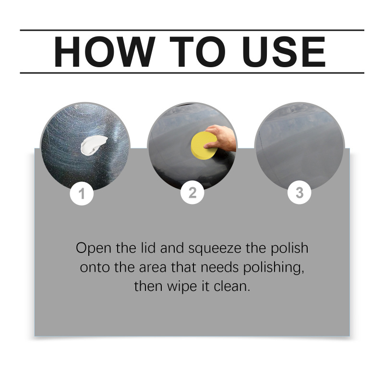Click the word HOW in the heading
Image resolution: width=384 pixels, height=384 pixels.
point(105,51)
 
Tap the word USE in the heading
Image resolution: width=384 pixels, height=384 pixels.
point(284,51)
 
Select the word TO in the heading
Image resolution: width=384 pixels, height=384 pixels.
point(197,51)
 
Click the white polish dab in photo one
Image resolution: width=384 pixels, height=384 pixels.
point(93,145)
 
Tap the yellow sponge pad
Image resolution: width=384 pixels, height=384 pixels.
point(204,145)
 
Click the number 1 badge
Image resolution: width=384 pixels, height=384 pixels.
point(82,193)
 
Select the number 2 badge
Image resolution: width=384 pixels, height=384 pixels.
point(192,192)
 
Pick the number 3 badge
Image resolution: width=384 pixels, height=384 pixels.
point(299,192)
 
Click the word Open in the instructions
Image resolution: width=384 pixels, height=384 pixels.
point(94,248)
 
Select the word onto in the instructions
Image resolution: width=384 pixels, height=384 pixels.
point(95,267)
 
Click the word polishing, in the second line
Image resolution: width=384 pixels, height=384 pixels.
point(274,267)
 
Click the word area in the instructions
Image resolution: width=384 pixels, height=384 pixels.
point(153,268)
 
